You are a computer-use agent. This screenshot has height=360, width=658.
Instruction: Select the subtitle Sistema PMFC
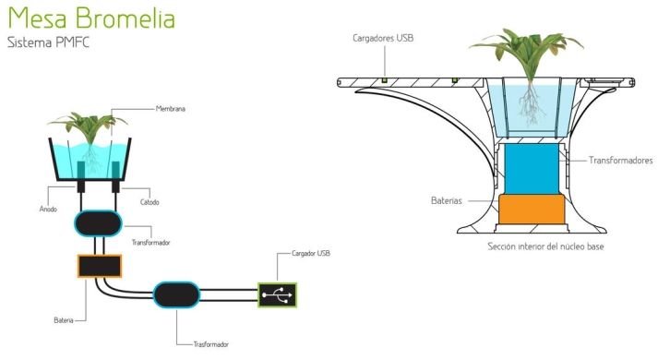pos(48,42)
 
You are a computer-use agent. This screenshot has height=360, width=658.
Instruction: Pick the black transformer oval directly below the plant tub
pos(98,223)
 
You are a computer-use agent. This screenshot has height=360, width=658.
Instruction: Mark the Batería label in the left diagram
pos(64,320)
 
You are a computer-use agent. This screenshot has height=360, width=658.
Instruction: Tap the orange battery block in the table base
pos(530,210)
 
